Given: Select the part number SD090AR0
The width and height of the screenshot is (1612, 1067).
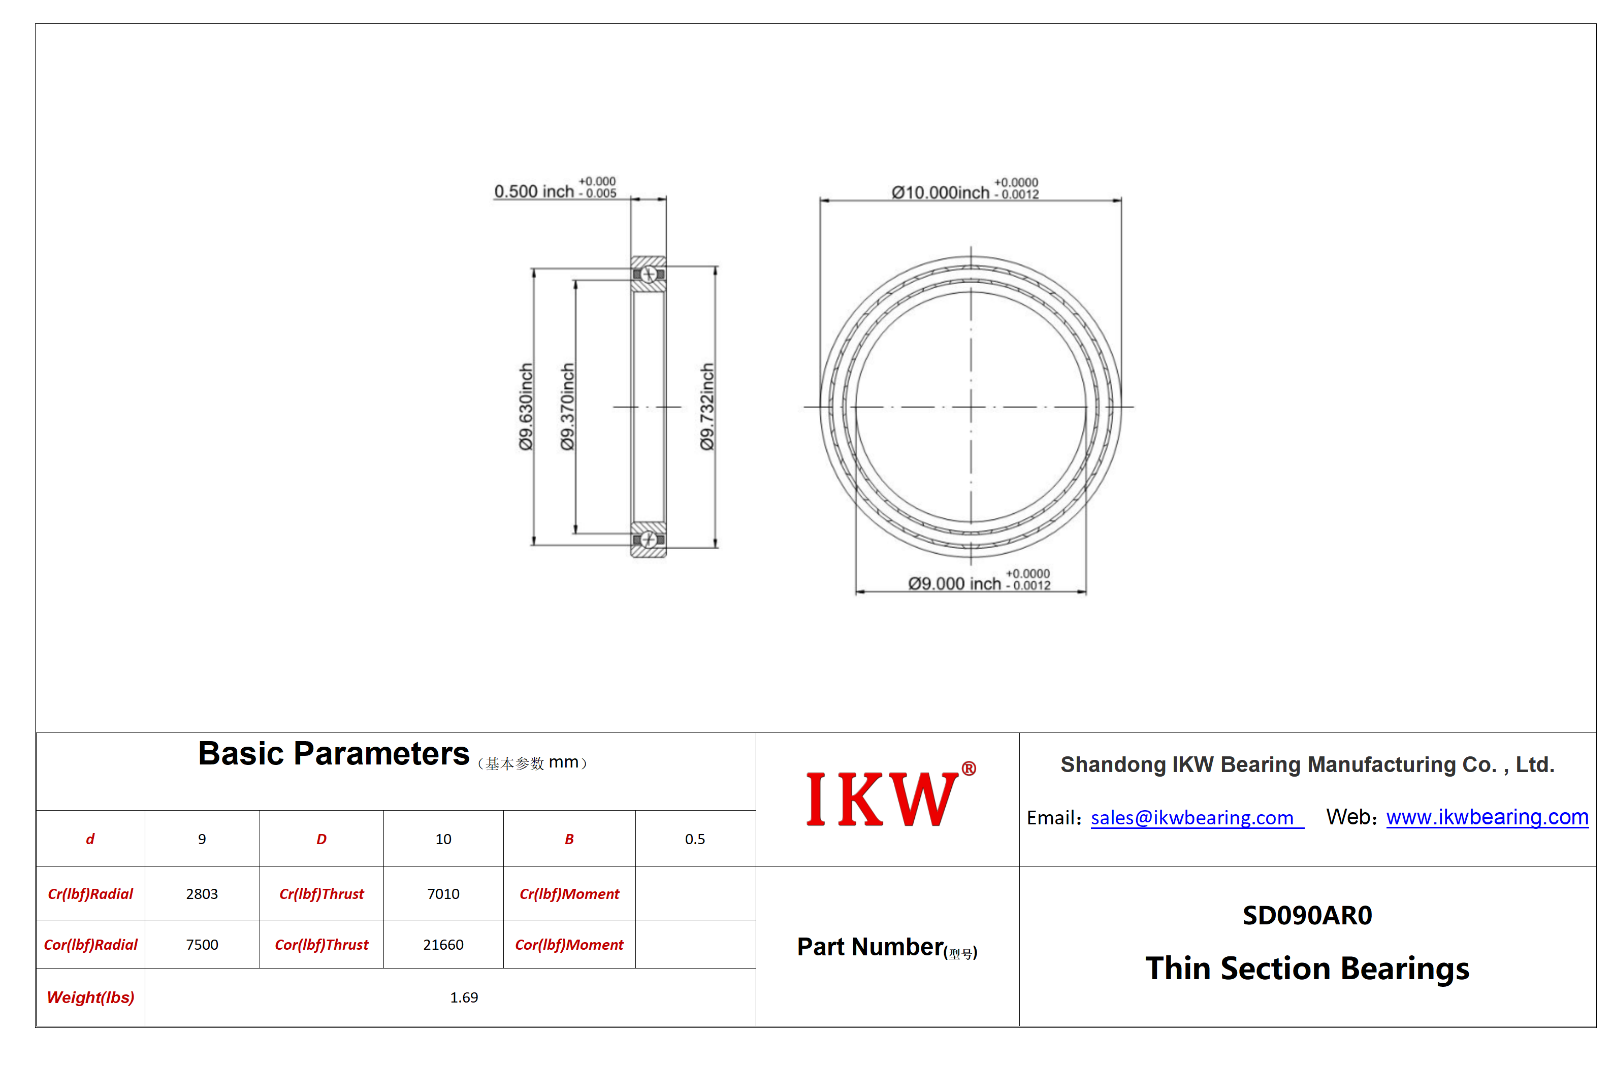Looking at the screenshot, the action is [1307, 915].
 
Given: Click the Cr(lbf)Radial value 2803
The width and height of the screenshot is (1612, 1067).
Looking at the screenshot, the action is [202, 893].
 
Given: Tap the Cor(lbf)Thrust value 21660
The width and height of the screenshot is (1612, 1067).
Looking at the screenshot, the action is [443, 945].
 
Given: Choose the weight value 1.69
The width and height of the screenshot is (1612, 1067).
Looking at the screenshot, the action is [464, 997].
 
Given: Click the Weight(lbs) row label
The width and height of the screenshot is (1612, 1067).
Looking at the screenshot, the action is [90, 997].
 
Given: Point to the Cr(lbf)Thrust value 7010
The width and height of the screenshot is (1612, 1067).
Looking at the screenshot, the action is [443, 893].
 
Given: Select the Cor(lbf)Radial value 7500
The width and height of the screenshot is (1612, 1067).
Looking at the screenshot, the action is [202, 945].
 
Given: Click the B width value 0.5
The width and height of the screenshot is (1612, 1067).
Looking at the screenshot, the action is [695, 839].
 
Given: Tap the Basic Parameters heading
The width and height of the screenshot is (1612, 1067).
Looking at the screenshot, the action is [334, 754].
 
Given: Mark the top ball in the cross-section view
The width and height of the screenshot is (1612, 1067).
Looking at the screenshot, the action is [649, 274].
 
